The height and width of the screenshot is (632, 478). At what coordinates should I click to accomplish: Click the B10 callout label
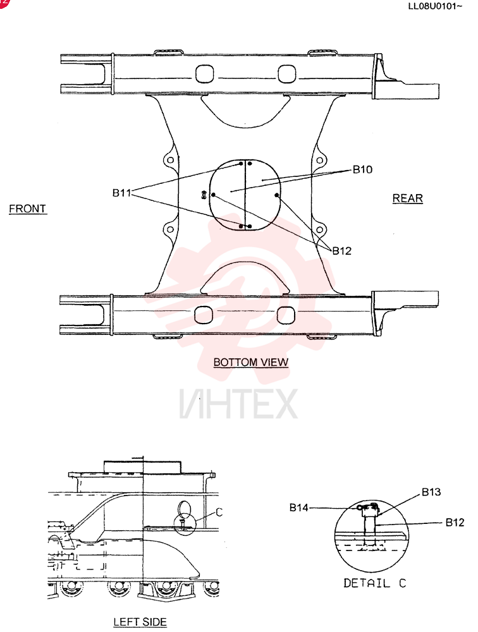[362, 169]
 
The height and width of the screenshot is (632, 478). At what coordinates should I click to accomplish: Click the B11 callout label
[122, 193]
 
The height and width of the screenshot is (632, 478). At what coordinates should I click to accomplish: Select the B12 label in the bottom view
[341, 251]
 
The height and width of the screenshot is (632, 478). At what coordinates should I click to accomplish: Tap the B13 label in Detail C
[431, 492]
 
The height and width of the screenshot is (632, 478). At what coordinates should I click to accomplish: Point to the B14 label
[299, 508]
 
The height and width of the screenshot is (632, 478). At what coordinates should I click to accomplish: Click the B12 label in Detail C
[455, 523]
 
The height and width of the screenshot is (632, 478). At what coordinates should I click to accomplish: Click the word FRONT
[28, 209]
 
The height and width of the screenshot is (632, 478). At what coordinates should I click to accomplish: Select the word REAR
[408, 198]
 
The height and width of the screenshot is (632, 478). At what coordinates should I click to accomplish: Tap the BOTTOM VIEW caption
[251, 362]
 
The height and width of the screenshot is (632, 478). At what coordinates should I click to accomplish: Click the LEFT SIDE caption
[140, 622]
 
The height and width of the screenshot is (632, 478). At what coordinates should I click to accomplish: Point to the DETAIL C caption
[375, 583]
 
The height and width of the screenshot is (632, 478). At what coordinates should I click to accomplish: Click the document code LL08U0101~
[435, 6]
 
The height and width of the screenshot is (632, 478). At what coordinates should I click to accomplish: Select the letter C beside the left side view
[219, 513]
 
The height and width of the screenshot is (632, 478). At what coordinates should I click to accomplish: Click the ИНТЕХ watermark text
[239, 404]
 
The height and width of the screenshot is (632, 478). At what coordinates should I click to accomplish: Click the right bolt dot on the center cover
[277, 195]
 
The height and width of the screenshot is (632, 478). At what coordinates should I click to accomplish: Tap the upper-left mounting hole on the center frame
[171, 160]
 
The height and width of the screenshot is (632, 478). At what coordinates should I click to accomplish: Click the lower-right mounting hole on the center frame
[319, 230]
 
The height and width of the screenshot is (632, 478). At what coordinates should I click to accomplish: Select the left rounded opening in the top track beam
[204, 74]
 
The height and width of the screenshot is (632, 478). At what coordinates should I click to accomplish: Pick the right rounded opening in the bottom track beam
[286, 315]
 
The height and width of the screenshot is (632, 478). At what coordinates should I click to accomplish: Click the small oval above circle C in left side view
[185, 509]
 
